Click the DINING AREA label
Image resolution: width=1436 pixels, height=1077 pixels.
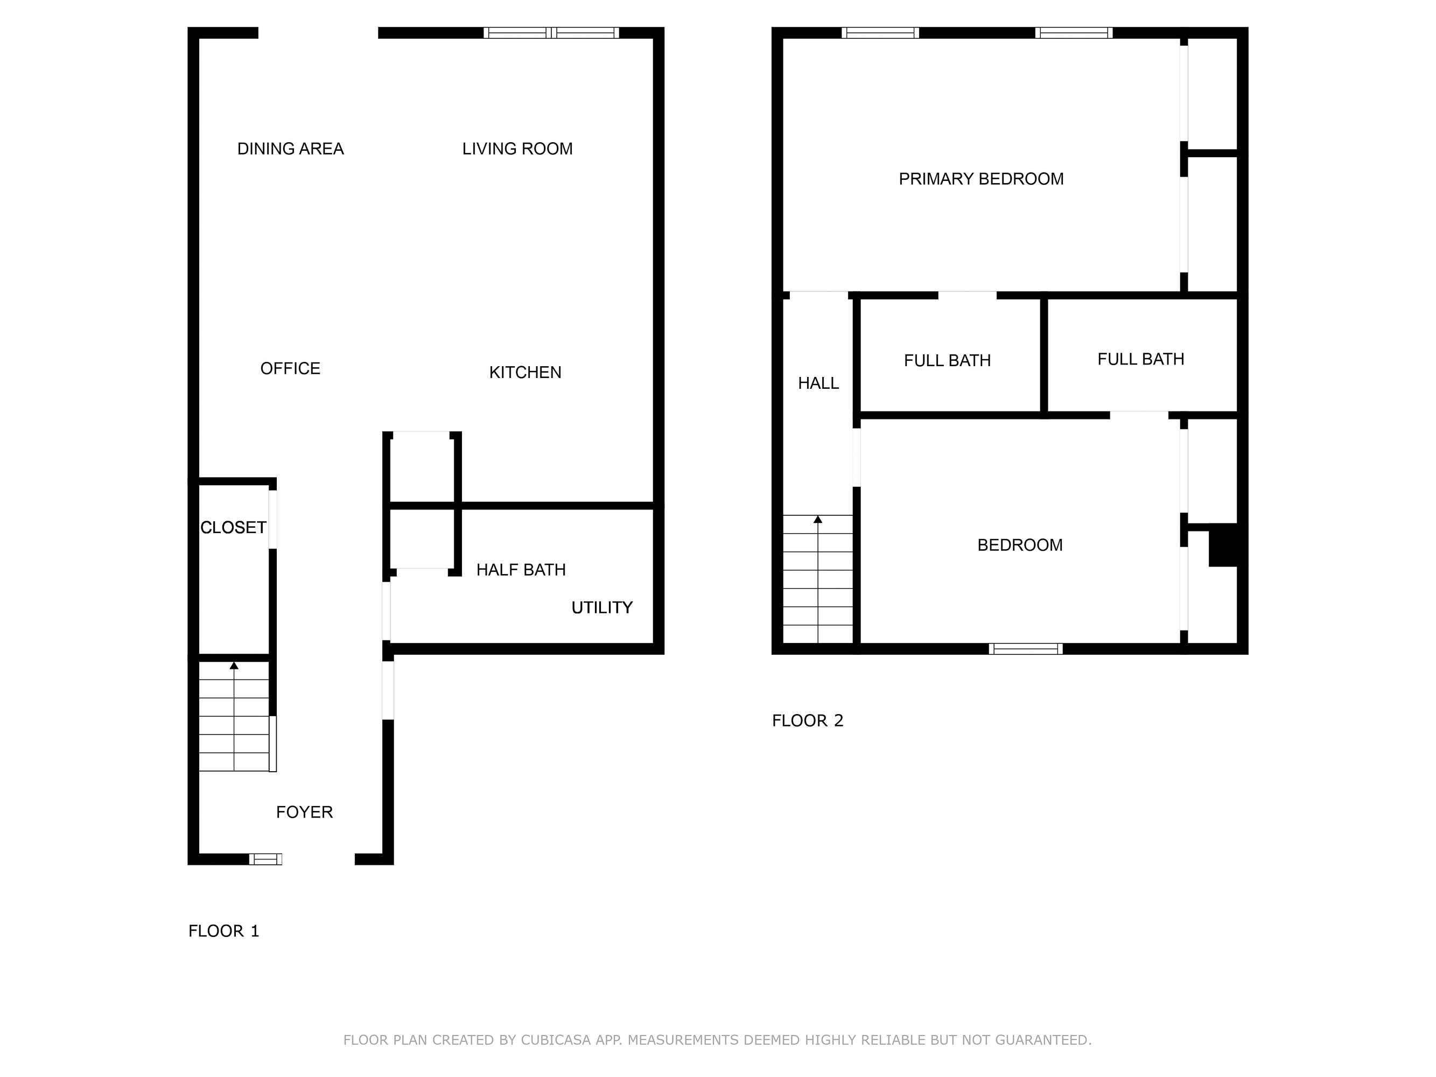[x=290, y=149]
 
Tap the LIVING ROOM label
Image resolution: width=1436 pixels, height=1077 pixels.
[x=517, y=149]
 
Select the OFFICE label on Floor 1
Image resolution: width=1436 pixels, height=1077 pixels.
[x=290, y=369]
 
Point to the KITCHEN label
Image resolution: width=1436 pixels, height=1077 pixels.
[x=525, y=373]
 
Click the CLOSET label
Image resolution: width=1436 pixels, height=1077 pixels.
[x=233, y=528]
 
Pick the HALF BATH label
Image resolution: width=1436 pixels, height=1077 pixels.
[x=521, y=570]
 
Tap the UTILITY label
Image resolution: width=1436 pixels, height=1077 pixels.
[x=602, y=607]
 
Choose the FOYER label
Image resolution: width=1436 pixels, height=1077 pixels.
[x=304, y=812]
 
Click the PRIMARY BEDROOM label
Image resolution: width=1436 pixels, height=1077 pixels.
[x=981, y=179]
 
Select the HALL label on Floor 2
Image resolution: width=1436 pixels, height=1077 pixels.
[x=818, y=383]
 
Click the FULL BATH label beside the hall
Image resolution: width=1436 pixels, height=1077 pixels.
[x=947, y=361]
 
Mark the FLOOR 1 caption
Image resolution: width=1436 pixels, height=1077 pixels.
[x=224, y=931]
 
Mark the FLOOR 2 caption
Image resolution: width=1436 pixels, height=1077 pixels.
[x=808, y=721]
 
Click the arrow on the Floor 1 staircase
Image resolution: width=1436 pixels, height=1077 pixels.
[x=234, y=666]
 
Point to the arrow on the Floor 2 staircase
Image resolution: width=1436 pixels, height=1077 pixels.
[x=818, y=519]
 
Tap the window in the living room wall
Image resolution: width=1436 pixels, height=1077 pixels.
[x=551, y=33]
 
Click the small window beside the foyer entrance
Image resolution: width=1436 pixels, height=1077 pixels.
[x=265, y=859]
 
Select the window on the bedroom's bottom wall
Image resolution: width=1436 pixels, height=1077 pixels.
[x=1025, y=648]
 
